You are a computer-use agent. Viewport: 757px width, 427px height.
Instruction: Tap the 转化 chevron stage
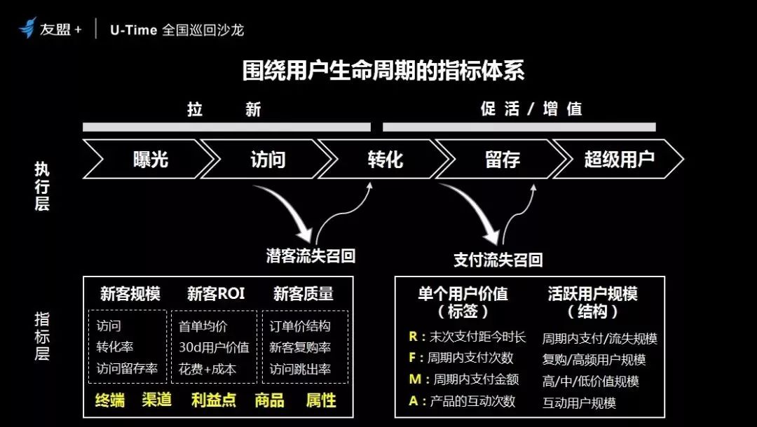point(385,159)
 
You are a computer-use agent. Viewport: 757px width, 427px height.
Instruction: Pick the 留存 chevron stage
point(502,159)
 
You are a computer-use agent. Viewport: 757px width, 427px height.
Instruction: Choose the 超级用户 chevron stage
point(619,159)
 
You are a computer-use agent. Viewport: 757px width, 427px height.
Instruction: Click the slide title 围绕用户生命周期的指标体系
point(383,71)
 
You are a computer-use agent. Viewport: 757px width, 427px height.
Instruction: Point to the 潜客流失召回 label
point(311,255)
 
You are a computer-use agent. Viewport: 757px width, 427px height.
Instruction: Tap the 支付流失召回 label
point(498,260)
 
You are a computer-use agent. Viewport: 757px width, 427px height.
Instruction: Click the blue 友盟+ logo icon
point(27,28)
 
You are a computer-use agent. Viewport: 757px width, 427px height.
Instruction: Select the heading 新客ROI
point(216,293)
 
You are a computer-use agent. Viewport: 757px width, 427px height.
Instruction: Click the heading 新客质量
point(304,293)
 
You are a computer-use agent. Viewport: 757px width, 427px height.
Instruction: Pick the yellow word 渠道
point(157,400)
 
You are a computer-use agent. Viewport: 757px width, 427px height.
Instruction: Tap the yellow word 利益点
point(214,400)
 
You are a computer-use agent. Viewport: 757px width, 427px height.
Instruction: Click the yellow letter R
point(413,337)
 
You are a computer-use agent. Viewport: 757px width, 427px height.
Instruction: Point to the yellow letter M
point(415,379)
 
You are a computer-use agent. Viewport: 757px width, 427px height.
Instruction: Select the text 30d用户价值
point(214,347)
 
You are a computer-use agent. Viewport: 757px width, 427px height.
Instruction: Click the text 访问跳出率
point(300,369)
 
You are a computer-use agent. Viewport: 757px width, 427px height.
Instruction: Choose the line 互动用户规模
point(579,403)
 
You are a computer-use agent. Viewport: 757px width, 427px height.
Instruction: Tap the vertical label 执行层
point(42,186)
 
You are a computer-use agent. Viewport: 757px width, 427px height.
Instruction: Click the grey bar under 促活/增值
point(519,127)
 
